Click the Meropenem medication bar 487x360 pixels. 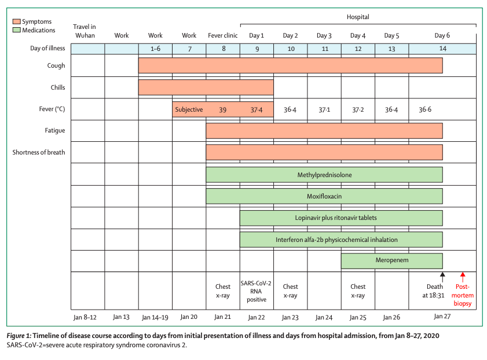click(x=391, y=260)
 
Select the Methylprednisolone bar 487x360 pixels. click(x=324, y=175)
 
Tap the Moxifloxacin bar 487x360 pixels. click(x=324, y=196)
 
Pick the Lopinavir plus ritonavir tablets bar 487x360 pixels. click(x=341, y=218)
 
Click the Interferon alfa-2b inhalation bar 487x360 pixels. click(x=341, y=240)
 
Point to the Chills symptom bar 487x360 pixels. click(x=206, y=87)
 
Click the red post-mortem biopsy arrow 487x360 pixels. click(x=463, y=277)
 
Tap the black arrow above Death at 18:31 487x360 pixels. click(x=442, y=277)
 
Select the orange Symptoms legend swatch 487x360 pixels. click(x=16, y=21)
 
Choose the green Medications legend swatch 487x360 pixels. click(x=16, y=30)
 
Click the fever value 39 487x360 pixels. click(x=223, y=110)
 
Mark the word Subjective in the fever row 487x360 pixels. click(x=189, y=109)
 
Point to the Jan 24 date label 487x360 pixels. click(x=324, y=317)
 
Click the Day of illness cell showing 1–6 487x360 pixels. click(x=155, y=49)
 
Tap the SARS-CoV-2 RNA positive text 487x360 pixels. click(x=256, y=291)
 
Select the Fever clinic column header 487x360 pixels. click(x=223, y=35)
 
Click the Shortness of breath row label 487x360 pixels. click(x=39, y=152)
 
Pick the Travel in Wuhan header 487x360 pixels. click(x=85, y=31)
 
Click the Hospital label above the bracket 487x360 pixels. click(x=358, y=17)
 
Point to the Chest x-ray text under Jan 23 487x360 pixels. click(x=290, y=291)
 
